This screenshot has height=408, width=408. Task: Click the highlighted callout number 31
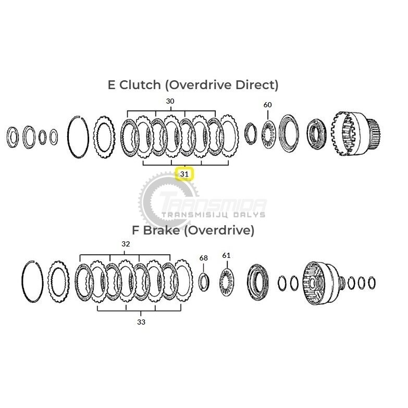click(x=184, y=174)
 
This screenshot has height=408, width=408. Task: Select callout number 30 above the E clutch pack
click(x=170, y=101)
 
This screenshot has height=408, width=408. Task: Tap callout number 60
click(x=267, y=105)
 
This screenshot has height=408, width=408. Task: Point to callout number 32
click(x=126, y=244)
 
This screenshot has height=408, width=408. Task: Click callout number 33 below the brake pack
click(x=141, y=322)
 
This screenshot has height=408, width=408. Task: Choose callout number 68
click(x=204, y=258)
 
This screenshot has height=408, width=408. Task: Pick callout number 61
click(x=226, y=255)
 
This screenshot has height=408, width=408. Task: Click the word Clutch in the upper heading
click(x=140, y=85)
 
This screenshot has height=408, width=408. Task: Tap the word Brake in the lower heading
click(x=162, y=230)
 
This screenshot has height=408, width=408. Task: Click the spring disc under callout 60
click(x=268, y=134)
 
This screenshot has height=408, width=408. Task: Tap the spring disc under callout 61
click(x=227, y=282)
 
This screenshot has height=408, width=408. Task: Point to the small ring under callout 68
click(x=204, y=281)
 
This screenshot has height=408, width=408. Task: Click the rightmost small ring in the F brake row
click(x=372, y=283)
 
